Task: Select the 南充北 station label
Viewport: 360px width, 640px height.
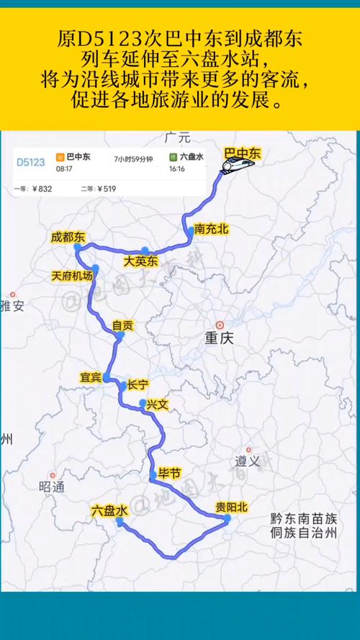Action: [x=211, y=230]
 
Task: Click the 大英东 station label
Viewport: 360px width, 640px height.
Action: [x=140, y=261]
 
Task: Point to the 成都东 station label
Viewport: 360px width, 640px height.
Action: [x=68, y=237]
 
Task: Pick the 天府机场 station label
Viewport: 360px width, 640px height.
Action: [x=72, y=276]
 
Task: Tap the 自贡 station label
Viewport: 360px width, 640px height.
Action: [x=122, y=325]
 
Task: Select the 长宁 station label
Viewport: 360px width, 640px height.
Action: [x=138, y=384]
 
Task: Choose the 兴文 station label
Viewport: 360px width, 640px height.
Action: [x=156, y=405]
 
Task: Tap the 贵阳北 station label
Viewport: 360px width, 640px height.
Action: [x=231, y=508]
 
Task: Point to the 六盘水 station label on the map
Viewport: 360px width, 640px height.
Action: [x=109, y=510]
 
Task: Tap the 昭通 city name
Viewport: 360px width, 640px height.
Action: [x=52, y=486]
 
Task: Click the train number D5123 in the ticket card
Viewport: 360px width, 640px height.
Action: [x=31, y=162]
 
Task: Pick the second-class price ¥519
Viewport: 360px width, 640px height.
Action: [x=106, y=189]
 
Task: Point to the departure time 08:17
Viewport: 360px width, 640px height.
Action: [x=64, y=168]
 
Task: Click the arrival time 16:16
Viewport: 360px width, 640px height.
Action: [x=177, y=168]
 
